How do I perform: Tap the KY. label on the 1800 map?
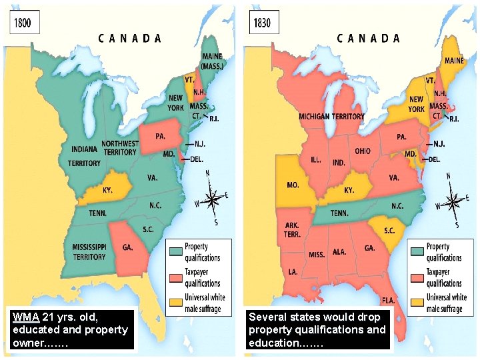click(x=107, y=190)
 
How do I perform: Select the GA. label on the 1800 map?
click(x=127, y=247)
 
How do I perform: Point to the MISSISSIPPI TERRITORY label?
click(x=89, y=252)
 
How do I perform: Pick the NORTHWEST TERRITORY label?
click(x=120, y=147)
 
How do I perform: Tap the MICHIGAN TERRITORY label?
click(x=331, y=116)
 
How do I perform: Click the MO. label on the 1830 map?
click(x=292, y=185)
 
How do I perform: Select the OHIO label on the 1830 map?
click(x=363, y=151)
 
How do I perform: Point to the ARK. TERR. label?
click(x=292, y=230)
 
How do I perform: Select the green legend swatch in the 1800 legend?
click(x=175, y=251)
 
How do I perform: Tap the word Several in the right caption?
click(x=268, y=317)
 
